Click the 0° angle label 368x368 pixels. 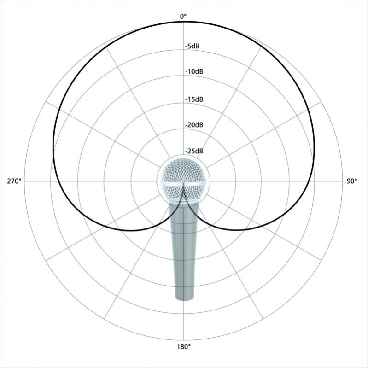click(x=183, y=17)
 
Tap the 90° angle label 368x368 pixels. click(x=352, y=181)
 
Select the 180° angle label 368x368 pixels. click(x=183, y=347)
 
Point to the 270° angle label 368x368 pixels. click(x=14, y=181)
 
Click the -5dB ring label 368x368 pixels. click(x=192, y=46)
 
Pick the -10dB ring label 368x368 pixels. click(x=194, y=71)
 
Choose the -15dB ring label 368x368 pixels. click(x=194, y=99)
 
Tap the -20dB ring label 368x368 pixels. click(x=194, y=125)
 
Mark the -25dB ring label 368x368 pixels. click(x=194, y=151)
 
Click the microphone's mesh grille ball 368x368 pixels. click(x=183, y=181)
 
